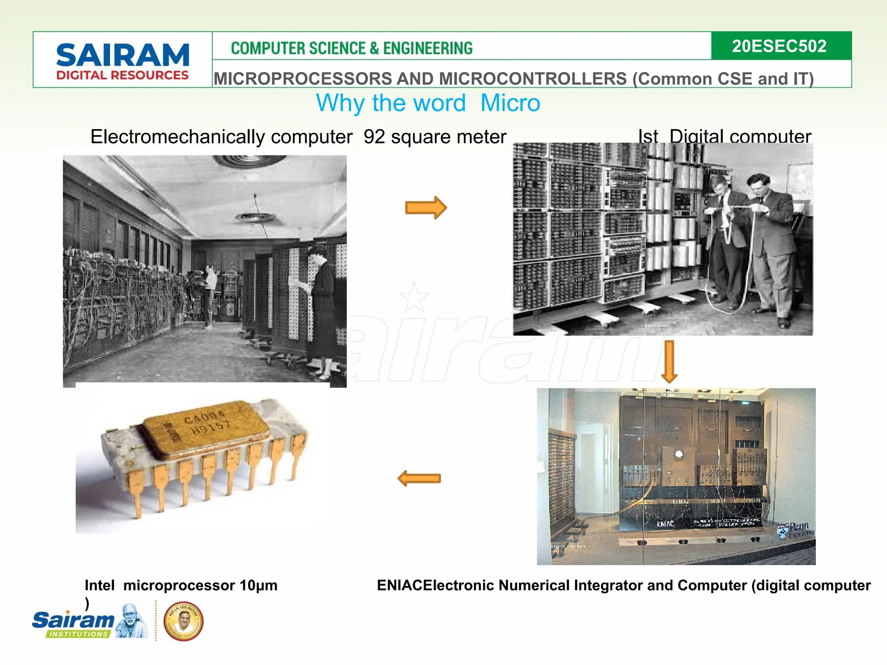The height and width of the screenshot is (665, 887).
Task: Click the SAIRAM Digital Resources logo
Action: pos(123,61)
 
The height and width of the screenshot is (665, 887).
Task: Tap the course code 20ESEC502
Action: pos(779,46)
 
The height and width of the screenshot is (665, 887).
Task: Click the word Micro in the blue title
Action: pos(510,103)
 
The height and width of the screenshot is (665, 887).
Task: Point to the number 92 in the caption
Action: pos(374,137)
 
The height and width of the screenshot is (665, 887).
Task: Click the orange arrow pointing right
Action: pos(425,208)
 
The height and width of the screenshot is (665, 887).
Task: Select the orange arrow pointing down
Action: pos(669,362)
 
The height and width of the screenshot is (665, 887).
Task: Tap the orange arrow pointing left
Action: pos(419,478)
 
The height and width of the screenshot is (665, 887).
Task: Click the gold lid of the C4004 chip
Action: pos(206,429)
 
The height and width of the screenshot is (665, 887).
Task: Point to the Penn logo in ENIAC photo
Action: pos(795,529)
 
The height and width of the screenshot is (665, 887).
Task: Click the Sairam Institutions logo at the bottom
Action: pos(89,621)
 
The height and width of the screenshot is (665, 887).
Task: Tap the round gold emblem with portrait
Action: pos(183,621)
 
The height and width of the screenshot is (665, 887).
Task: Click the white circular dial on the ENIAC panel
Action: pos(679,454)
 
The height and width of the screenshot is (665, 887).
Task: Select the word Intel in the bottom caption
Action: pos(100,585)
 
